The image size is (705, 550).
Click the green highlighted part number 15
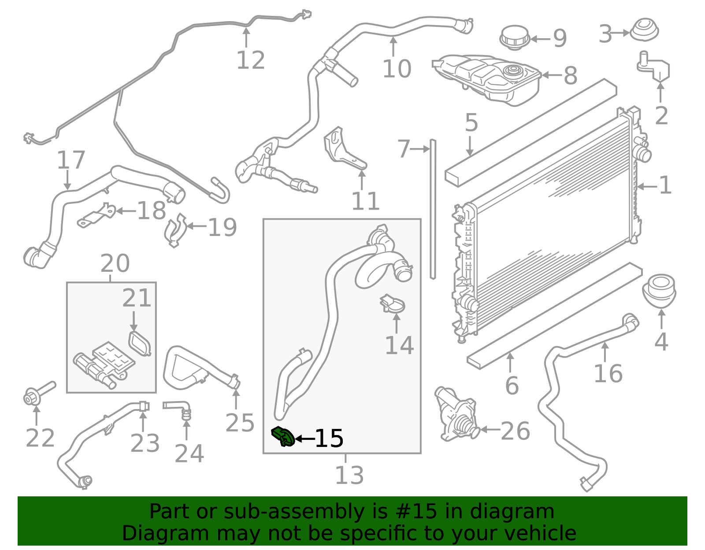(x=283, y=436)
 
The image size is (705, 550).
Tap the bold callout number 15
(x=329, y=439)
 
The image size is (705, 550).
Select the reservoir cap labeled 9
(x=515, y=37)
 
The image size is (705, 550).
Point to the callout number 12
(x=251, y=60)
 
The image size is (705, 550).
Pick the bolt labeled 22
(x=37, y=394)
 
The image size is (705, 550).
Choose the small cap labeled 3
(x=644, y=30)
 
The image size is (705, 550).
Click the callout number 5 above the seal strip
(x=471, y=122)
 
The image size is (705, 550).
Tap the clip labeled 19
(x=175, y=229)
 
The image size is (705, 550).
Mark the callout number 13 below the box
(x=349, y=476)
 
